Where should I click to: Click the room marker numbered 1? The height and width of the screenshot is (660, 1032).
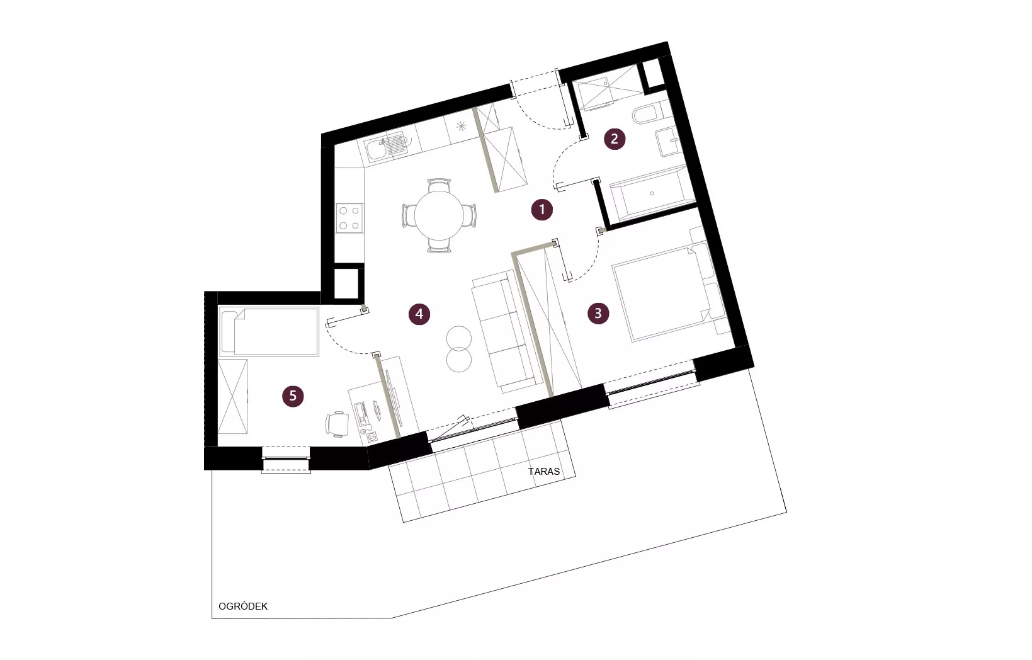coord(542,210)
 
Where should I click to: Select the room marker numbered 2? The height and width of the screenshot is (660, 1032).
coord(615,139)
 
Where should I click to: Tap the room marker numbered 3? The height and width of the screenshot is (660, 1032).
coord(598,314)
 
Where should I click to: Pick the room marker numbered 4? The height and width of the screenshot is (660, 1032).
coord(419,314)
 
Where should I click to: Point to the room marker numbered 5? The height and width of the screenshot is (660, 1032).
coord(293,396)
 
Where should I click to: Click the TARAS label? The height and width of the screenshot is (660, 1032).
coord(543,472)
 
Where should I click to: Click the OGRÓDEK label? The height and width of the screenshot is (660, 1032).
coord(243,606)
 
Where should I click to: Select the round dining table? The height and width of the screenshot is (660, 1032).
coord(439,215)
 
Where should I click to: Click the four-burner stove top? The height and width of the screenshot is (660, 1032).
coord(349,218)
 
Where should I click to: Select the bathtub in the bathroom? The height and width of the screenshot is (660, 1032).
coord(652,193)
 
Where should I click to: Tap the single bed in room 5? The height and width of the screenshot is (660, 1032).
coord(269,331)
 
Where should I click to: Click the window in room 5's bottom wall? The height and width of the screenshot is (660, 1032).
coord(286,459)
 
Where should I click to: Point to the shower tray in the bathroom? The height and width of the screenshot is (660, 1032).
coord(606,88)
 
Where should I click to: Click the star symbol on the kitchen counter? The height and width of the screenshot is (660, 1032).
coord(461,126)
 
